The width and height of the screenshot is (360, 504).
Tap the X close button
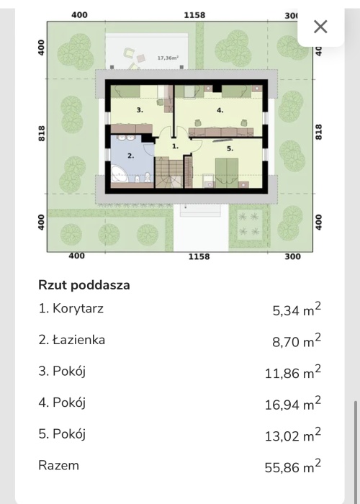pos(320,27)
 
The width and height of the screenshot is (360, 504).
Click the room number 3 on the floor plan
pos(140,110)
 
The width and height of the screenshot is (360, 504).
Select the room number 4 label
pos(220,110)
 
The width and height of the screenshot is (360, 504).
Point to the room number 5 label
pos(230,148)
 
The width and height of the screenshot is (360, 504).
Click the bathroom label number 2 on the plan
pos(130,156)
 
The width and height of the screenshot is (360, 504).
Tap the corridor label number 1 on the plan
pos(175,146)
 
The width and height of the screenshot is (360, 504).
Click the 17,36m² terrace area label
pos(168,58)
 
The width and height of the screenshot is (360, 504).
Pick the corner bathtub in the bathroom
pos(120,174)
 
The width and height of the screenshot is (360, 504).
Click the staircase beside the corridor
pos(169,172)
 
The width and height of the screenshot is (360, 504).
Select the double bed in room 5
pos(227,173)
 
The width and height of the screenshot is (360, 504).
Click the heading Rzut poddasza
pos(84,285)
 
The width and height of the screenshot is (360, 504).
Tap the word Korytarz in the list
pos(78,309)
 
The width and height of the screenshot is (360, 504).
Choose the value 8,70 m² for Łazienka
pos(297,341)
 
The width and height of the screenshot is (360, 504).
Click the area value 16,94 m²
pos(292,404)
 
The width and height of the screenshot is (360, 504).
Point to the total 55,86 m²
pos(292,467)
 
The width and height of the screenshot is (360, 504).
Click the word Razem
pos(58,465)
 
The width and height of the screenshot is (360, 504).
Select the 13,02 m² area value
pos(292,435)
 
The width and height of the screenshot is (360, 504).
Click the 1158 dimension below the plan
pos(199,256)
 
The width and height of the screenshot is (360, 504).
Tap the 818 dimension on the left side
pos(42,133)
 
